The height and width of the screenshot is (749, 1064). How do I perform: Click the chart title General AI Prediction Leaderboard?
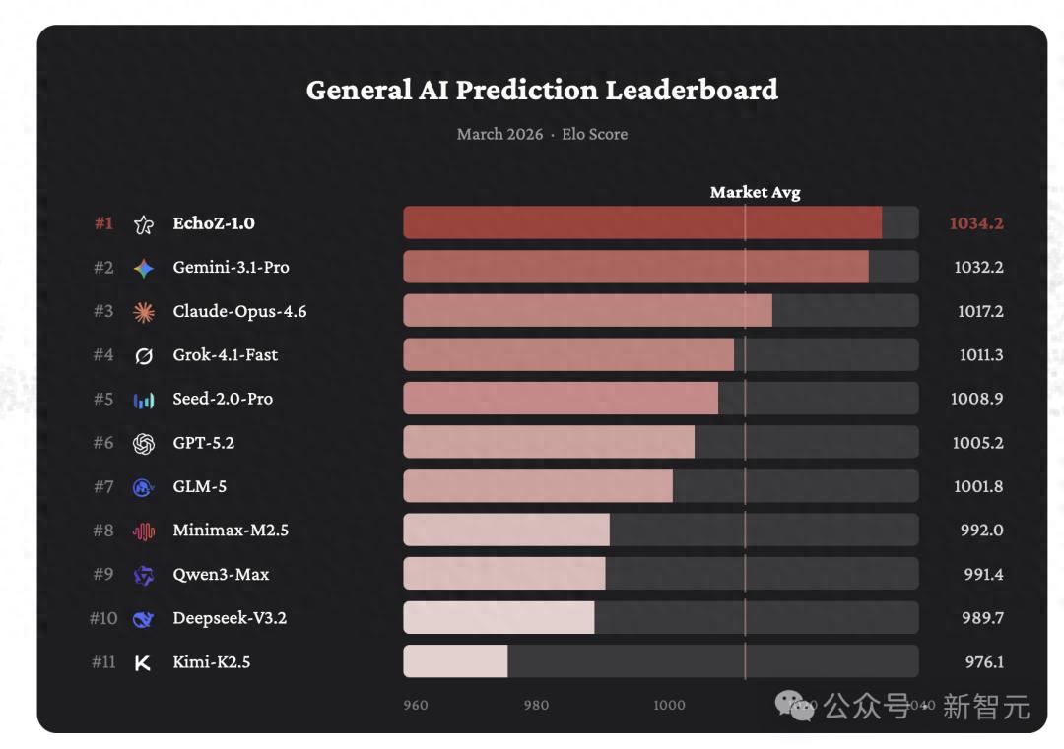tap(542, 90)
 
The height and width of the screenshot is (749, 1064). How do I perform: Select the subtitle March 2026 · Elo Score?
tap(542, 134)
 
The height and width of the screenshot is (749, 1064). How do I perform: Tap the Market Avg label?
tap(755, 193)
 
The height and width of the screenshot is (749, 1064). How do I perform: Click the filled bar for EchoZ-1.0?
tap(641, 223)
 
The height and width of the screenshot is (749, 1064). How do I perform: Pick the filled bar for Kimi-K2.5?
tap(455, 661)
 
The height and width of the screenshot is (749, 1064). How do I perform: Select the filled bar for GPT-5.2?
tap(549, 443)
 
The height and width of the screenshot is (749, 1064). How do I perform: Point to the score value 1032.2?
tap(978, 267)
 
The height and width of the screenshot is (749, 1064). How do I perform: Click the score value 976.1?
tap(983, 662)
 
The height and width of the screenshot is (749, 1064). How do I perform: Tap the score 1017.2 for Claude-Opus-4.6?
tap(979, 311)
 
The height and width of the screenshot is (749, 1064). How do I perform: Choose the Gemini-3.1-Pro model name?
tap(231, 267)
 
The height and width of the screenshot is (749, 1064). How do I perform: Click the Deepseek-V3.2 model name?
tap(230, 618)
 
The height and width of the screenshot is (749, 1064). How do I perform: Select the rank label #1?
tap(103, 223)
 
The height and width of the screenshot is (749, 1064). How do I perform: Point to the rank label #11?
tap(103, 662)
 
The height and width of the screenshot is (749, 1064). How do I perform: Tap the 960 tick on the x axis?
tap(416, 705)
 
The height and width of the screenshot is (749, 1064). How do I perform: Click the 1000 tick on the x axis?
tap(669, 705)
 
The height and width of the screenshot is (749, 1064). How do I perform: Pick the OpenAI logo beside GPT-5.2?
tap(144, 444)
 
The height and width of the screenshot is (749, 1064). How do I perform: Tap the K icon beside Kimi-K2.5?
tap(143, 663)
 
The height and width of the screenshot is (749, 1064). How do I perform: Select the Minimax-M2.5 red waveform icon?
tap(144, 531)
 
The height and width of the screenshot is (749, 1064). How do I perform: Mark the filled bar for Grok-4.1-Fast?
tap(568, 354)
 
